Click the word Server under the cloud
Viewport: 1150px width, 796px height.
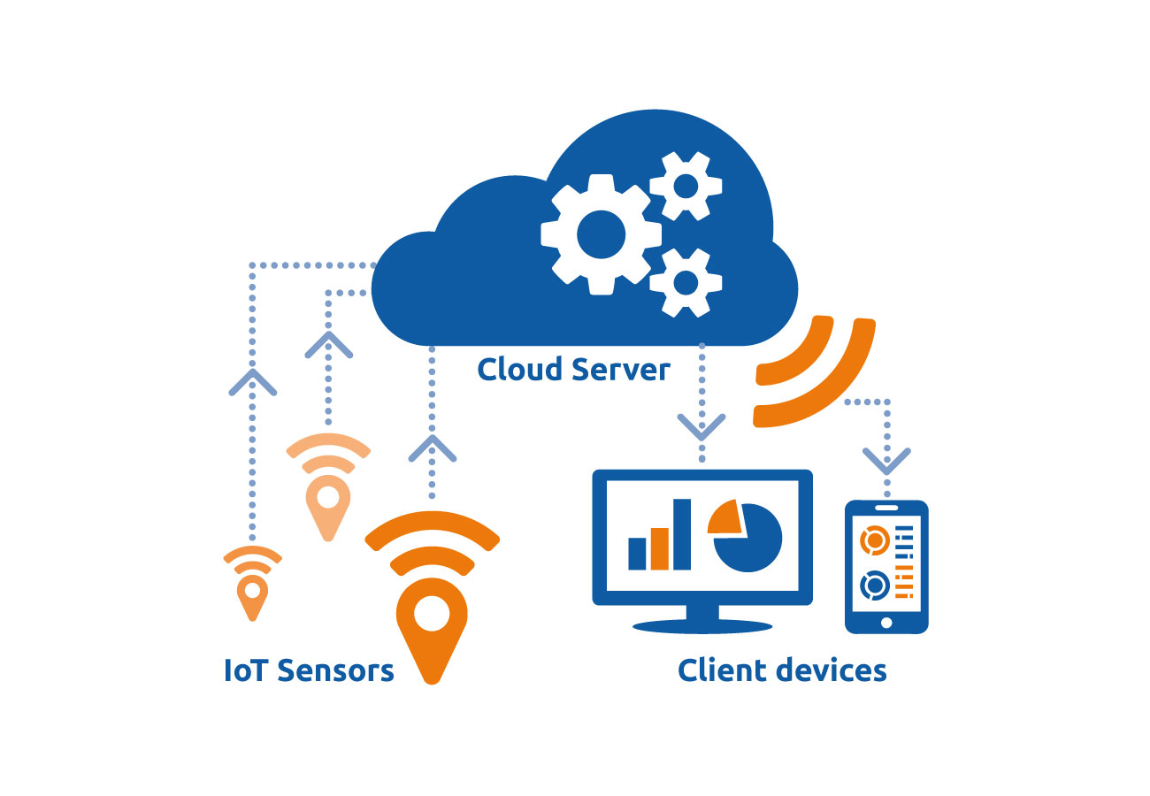tap(621, 370)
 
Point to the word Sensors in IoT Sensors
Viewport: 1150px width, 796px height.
tap(335, 670)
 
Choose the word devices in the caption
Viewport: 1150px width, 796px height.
tap(832, 670)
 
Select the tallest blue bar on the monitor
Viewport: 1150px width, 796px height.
tap(682, 534)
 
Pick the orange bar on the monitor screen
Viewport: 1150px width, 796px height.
tap(659, 548)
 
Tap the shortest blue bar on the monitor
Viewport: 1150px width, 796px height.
tap(637, 554)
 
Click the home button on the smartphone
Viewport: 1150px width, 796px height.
tap(886, 623)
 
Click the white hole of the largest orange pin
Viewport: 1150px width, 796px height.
tap(432, 613)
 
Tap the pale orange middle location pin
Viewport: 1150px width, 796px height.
tap(328, 508)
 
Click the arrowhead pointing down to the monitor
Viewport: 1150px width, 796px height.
tap(701, 427)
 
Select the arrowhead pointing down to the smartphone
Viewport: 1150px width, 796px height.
tap(886, 462)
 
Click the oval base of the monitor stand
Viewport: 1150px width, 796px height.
tap(701, 626)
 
